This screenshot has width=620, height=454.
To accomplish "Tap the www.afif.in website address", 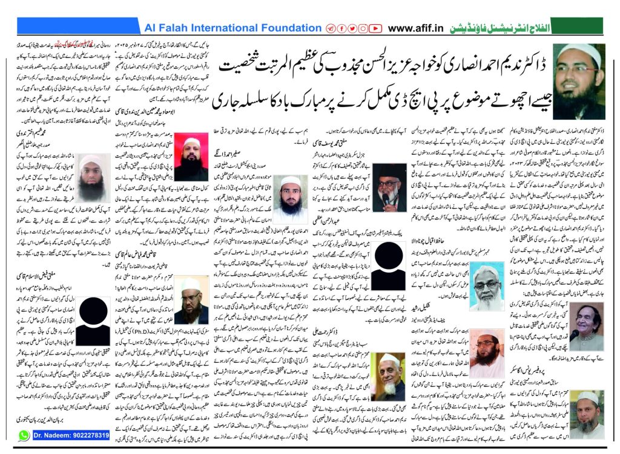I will [x=418, y=28].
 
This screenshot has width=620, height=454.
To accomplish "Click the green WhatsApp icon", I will [x=24, y=435].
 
